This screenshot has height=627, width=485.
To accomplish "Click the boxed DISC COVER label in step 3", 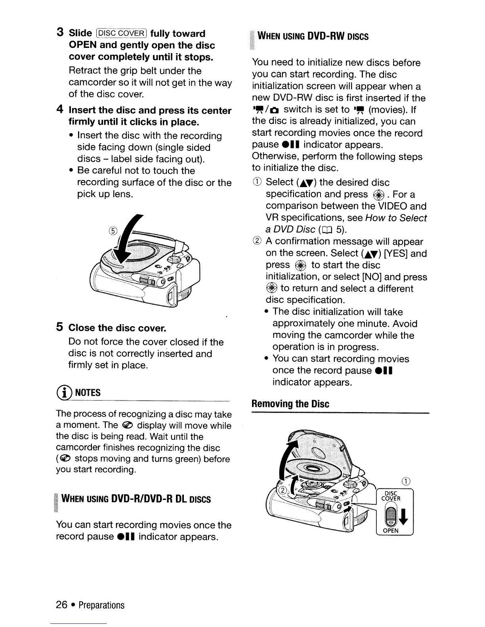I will point(121,33).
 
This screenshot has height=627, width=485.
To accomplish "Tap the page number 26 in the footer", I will point(62,605).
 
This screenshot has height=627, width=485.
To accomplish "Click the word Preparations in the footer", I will point(101,605).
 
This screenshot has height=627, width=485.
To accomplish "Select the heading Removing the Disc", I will point(290,404).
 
